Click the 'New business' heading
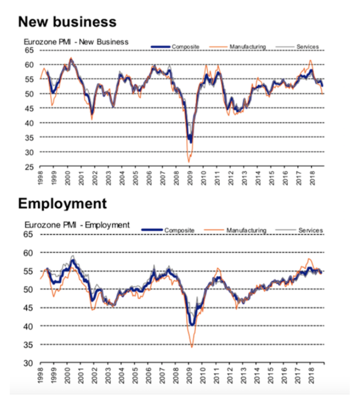coord(67,21)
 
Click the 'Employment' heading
coord(62,204)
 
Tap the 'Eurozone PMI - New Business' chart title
coord(76,42)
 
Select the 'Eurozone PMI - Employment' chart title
coord(77,225)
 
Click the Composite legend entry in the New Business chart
coord(175,47)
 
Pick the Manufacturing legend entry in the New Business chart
coord(237,47)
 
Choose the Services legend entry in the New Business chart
coord(297,47)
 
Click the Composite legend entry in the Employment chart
coord(168,230)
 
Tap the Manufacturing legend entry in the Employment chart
coord(235,230)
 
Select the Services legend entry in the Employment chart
coord(299,230)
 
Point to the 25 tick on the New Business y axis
coord(29,167)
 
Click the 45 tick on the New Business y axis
coord(29,108)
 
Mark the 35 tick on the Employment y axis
coord(28,344)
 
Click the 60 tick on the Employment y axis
coord(28,253)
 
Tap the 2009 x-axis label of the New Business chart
coord(190,178)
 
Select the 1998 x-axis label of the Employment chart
coord(40,375)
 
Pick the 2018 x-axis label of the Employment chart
coord(311,375)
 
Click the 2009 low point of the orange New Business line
coord(189,162)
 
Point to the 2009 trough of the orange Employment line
coord(192,347)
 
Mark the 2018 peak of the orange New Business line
coord(310,60)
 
